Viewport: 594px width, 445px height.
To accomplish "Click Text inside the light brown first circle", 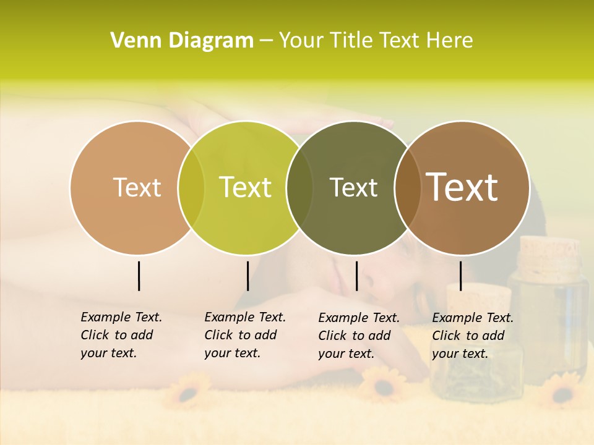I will [x=137, y=187].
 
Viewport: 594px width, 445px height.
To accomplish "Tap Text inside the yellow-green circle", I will [x=246, y=187].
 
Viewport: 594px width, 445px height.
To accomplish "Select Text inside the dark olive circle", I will [x=354, y=187].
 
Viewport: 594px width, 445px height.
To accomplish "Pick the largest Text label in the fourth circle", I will [x=462, y=187].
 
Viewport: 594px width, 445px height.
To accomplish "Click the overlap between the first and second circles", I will [x=191, y=187].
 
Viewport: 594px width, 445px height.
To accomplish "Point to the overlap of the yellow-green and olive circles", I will [x=299, y=187].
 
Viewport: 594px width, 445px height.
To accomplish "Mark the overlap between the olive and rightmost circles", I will [x=408, y=187].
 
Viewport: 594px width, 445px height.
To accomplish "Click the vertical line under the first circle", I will [x=139, y=276].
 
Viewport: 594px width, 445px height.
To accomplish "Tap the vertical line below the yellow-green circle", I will [x=247, y=276].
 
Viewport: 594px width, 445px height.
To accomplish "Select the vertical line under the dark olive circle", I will [x=356, y=276].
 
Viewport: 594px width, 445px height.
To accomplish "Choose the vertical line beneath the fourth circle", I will [x=461, y=276].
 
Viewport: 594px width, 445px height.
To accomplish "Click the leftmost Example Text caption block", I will [x=121, y=335].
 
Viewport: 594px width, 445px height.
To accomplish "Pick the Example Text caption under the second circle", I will [x=244, y=335].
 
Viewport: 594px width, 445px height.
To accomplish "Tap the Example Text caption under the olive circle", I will [x=358, y=336].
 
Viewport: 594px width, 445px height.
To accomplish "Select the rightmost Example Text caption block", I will [x=472, y=336].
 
